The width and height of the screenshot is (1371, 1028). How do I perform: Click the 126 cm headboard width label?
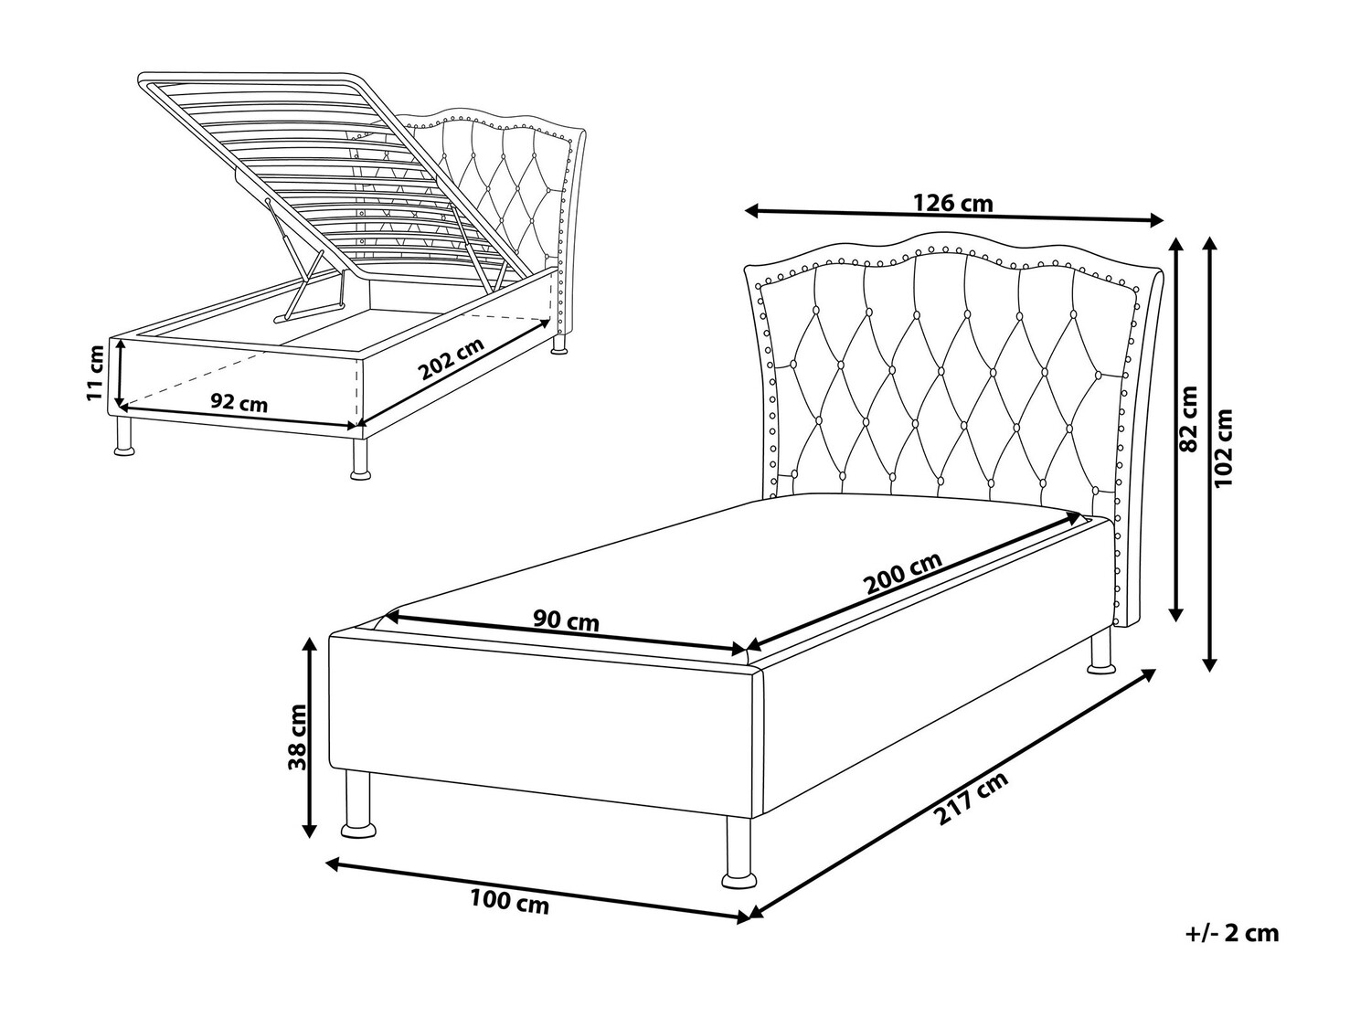(952, 203)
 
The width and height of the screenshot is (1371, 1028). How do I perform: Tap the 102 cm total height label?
(1224, 448)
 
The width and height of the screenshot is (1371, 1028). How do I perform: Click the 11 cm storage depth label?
(95, 373)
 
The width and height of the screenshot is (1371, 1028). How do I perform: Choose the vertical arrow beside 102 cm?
(1210, 454)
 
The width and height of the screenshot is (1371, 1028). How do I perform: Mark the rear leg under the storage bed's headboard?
(559, 344)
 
